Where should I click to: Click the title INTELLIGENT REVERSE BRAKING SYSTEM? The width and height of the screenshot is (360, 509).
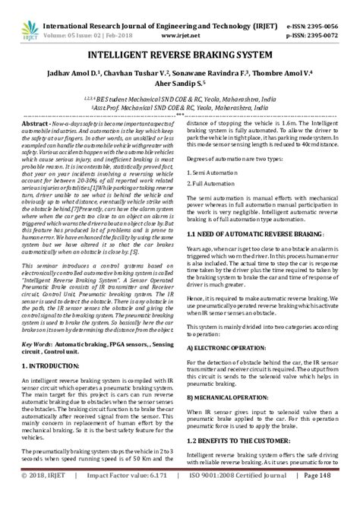179,56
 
